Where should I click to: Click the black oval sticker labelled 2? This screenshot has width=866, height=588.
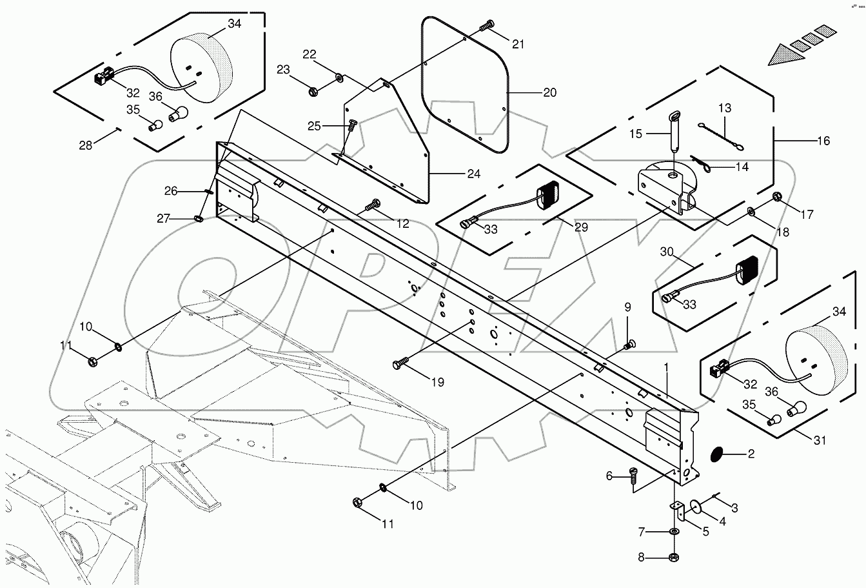point(716,454)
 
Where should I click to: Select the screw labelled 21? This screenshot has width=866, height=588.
point(487,26)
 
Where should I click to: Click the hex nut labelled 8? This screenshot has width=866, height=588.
point(673,556)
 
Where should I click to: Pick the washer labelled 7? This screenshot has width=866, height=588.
point(673,531)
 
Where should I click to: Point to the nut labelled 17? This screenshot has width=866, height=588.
point(776,196)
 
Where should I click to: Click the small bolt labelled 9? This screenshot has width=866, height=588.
point(629,345)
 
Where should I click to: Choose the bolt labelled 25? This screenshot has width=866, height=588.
point(352,125)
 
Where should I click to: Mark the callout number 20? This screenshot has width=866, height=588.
point(549,92)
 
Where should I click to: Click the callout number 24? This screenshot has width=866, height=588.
point(473,174)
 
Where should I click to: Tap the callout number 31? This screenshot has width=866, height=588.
point(819,441)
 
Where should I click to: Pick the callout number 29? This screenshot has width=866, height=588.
point(581,227)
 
